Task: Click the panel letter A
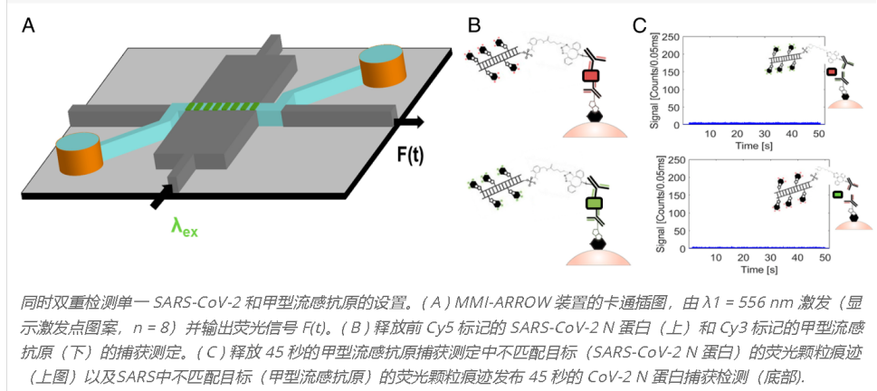point(30,26)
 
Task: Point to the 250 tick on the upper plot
point(672,37)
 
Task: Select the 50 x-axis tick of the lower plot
point(825,258)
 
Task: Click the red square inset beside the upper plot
point(832,72)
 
